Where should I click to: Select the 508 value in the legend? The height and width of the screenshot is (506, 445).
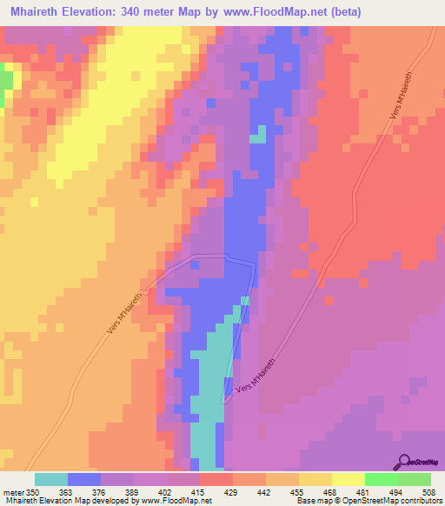pyautogui.click(x=431, y=493)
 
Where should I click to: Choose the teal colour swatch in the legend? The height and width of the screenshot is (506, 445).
pyautogui.click(x=51, y=479)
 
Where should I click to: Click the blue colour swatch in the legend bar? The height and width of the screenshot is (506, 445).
pyautogui.click(x=84, y=479)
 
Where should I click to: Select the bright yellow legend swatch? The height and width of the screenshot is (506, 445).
pyautogui.click(x=348, y=479)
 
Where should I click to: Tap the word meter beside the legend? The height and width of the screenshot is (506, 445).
pyautogui.click(x=14, y=493)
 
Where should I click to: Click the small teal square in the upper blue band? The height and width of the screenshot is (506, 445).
pyautogui.click(x=258, y=136)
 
